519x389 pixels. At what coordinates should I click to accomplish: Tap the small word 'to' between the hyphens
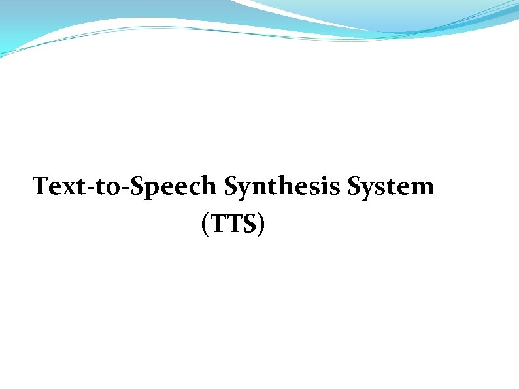pos(105,187)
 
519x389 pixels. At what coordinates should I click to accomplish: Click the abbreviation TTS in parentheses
pos(233,224)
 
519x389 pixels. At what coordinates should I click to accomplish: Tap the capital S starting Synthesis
pos(231,186)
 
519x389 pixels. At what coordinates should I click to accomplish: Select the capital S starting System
pos(355,186)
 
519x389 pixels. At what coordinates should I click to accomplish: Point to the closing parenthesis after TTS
pos(261,225)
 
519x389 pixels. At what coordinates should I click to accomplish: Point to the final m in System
pos(422,188)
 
